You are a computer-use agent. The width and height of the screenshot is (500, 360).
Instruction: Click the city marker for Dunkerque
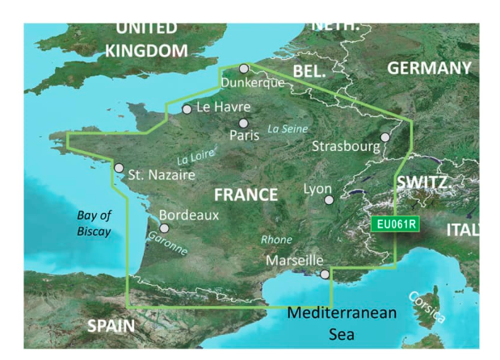click(244, 69)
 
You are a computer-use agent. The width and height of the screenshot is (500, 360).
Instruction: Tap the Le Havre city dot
click(187, 109)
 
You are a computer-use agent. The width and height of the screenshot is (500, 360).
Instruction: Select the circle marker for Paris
click(243, 123)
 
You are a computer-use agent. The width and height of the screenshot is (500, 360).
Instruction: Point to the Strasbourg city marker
click(385, 137)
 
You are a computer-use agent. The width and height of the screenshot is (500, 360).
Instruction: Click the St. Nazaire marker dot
click(119, 169)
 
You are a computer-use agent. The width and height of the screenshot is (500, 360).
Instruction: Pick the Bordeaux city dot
click(164, 228)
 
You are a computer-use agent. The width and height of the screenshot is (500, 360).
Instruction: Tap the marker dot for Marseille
click(325, 274)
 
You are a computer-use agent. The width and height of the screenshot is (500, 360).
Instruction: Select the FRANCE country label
click(246, 195)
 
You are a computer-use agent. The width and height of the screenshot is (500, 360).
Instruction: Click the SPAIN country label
click(111, 327)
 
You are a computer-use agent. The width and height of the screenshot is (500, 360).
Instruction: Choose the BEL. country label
click(309, 72)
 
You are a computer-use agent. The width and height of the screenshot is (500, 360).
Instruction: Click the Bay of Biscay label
click(94, 224)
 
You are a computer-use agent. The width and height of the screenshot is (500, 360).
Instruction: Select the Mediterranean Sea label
click(342, 320)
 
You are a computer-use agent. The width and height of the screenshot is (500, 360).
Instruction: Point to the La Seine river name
click(288, 128)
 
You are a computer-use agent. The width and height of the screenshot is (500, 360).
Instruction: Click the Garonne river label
click(166, 244)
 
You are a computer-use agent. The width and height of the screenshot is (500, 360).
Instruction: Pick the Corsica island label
click(426, 307)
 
